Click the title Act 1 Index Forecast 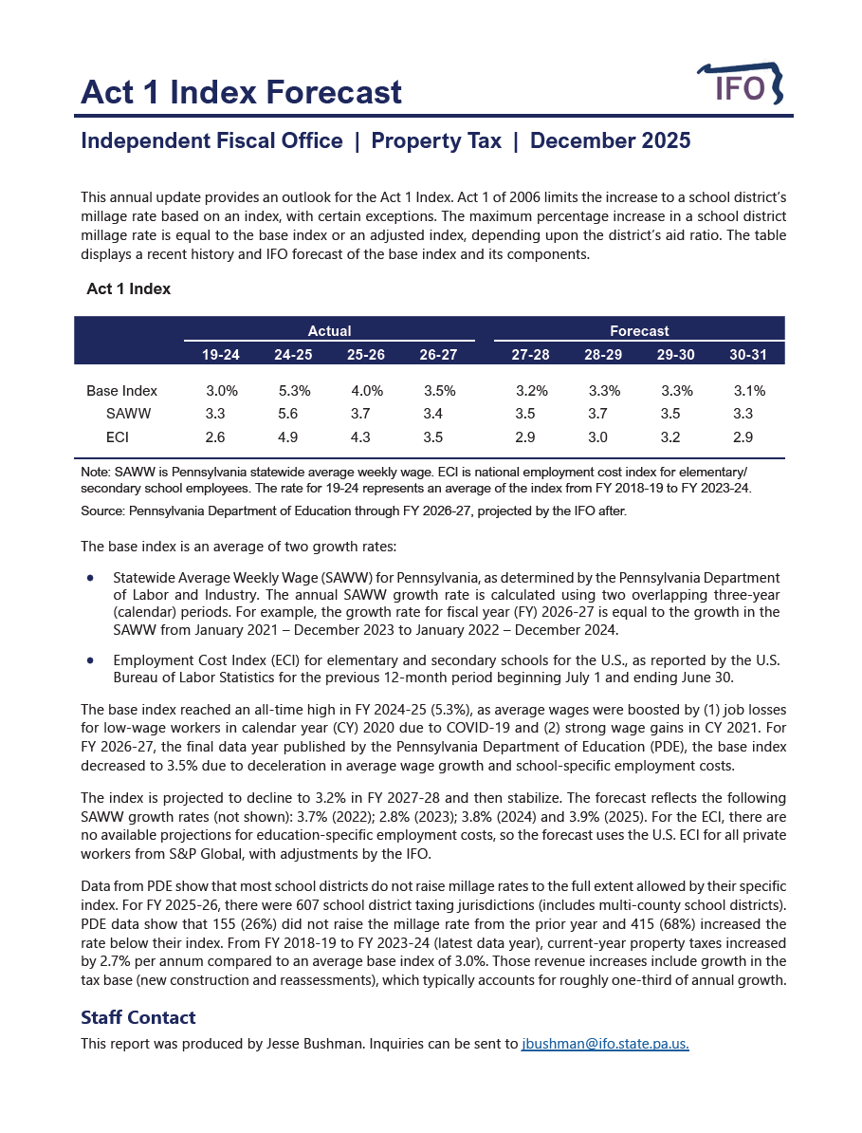tap(241, 92)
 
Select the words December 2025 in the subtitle tap(610, 141)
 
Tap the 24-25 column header tap(293, 354)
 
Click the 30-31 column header tap(748, 354)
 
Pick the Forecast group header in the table tap(639, 331)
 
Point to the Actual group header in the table tap(329, 331)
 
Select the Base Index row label tap(121, 391)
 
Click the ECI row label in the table tap(118, 437)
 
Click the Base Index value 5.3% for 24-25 tap(294, 391)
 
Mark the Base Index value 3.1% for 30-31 tap(749, 391)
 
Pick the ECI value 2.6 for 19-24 tap(215, 437)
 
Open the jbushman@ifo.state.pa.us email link tap(605, 1043)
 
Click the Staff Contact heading tap(138, 1017)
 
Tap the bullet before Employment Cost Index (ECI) tap(90, 659)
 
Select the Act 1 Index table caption tap(128, 288)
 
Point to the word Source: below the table tap(103, 511)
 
